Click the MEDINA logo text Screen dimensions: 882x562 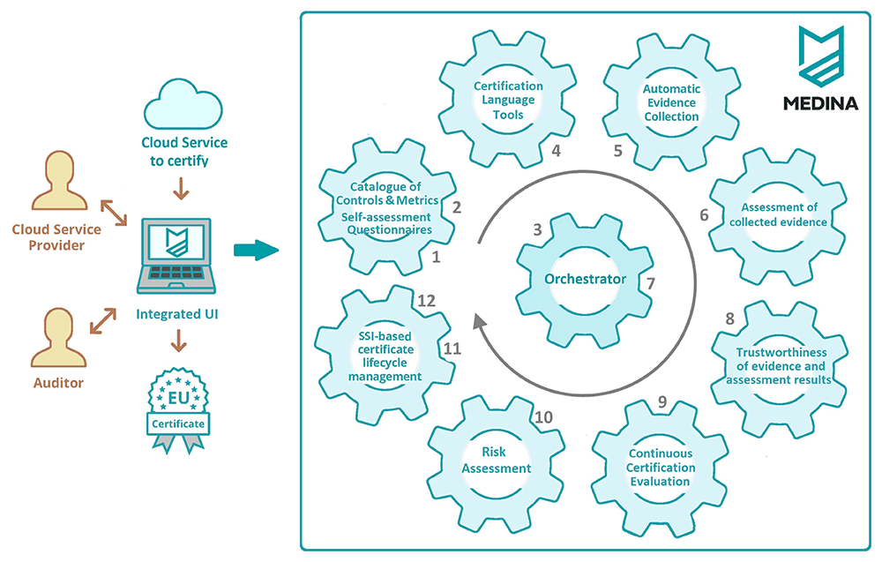(x=820, y=103)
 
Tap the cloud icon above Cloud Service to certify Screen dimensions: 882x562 (x=183, y=105)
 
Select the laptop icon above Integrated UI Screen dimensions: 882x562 (x=176, y=256)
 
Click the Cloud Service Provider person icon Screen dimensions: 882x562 (x=59, y=181)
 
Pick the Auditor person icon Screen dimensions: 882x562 (x=58, y=338)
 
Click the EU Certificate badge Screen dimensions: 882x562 (x=178, y=410)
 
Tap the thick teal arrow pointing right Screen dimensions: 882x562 (x=257, y=250)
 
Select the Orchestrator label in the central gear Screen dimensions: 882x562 (x=585, y=279)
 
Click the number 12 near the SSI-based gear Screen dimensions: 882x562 (x=426, y=301)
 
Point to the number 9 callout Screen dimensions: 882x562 (x=662, y=401)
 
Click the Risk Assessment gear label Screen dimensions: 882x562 (x=496, y=461)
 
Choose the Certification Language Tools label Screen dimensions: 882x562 (x=508, y=100)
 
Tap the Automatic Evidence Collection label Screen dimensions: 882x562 (x=671, y=102)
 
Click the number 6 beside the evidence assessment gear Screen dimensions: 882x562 (x=704, y=215)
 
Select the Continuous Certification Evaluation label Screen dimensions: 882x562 (x=661, y=468)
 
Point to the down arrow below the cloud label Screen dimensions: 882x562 (x=181, y=189)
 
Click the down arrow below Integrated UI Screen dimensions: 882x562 (x=179, y=341)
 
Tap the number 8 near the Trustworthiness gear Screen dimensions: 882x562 (x=730, y=319)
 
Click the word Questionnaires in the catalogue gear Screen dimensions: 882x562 (x=389, y=230)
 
